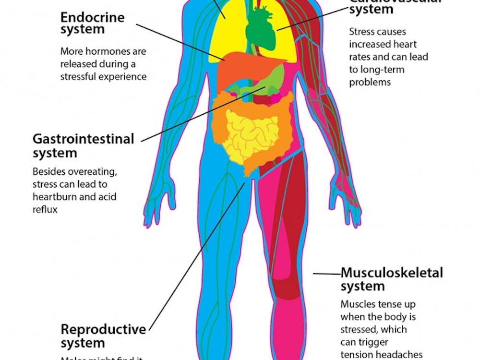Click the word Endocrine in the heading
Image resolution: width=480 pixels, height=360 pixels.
92,17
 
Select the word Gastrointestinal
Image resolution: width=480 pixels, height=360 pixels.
83,139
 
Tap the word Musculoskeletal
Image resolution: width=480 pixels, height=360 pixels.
392,273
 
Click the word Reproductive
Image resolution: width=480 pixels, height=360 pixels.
103,330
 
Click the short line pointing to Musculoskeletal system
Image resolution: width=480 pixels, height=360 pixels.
326,274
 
